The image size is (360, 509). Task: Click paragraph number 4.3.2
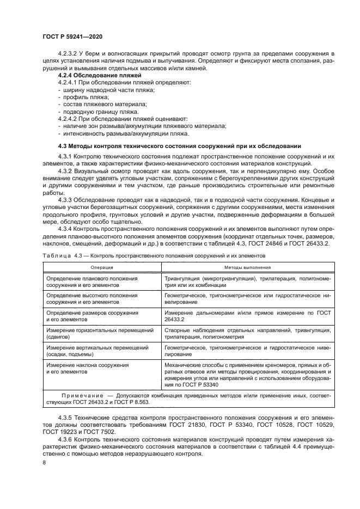coord(67,170)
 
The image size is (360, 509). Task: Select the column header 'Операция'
coord(102,268)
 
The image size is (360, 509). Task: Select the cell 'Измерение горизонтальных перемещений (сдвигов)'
coord(97,333)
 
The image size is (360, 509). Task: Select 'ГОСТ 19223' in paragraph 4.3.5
coord(60,432)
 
